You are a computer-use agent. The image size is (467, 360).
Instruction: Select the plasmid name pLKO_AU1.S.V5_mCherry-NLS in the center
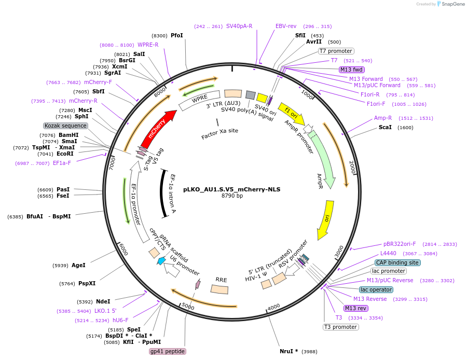tap(231, 189)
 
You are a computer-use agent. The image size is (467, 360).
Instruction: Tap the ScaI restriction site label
tap(385, 127)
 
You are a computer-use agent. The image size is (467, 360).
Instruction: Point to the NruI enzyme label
tap(289, 351)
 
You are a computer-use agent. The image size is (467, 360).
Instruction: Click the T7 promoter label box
tap(336, 51)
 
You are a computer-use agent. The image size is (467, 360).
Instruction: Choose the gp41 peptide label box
tap(167, 351)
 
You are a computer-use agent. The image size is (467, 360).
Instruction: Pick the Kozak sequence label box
tap(65, 126)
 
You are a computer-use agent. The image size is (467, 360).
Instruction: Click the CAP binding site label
tap(397, 262)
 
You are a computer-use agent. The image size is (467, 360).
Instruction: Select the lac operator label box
tap(376, 289)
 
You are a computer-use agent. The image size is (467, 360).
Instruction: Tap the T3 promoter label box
tap(340, 327)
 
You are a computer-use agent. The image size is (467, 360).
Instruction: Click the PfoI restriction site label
tap(176, 35)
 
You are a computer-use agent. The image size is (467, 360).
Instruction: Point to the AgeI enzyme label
tap(78, 265)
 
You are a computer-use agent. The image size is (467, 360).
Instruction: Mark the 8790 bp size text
tap(232, 196)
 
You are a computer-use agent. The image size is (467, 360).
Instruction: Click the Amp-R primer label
tap(383, 118)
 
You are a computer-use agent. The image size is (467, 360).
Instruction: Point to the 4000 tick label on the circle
tap(273, 306)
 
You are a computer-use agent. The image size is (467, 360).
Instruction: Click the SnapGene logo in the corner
tap(449, 4)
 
